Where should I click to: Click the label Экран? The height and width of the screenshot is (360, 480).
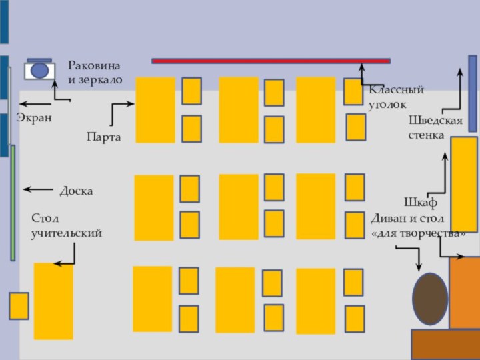(34, 117)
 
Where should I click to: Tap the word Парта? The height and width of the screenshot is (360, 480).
(103, 137)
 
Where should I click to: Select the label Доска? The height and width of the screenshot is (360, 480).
(76, 191)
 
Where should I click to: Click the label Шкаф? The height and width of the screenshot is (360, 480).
(420, 201)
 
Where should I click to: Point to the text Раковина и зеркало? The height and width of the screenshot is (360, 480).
(95, 72)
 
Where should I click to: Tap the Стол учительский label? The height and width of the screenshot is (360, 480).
(66, 226)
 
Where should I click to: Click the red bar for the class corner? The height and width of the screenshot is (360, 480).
(271, 61)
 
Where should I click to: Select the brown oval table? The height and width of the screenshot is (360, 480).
(430, 299)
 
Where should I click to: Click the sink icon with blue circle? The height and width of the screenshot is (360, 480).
(40, 69)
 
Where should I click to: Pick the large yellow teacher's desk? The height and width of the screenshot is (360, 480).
(53, 301)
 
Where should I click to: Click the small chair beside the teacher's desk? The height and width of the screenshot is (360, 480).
(19, 305)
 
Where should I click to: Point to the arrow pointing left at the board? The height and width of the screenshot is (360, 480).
(38, 189)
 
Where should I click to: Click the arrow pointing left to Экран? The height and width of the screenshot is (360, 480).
(35, 104)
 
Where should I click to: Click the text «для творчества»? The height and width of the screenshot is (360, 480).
(418, 234)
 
